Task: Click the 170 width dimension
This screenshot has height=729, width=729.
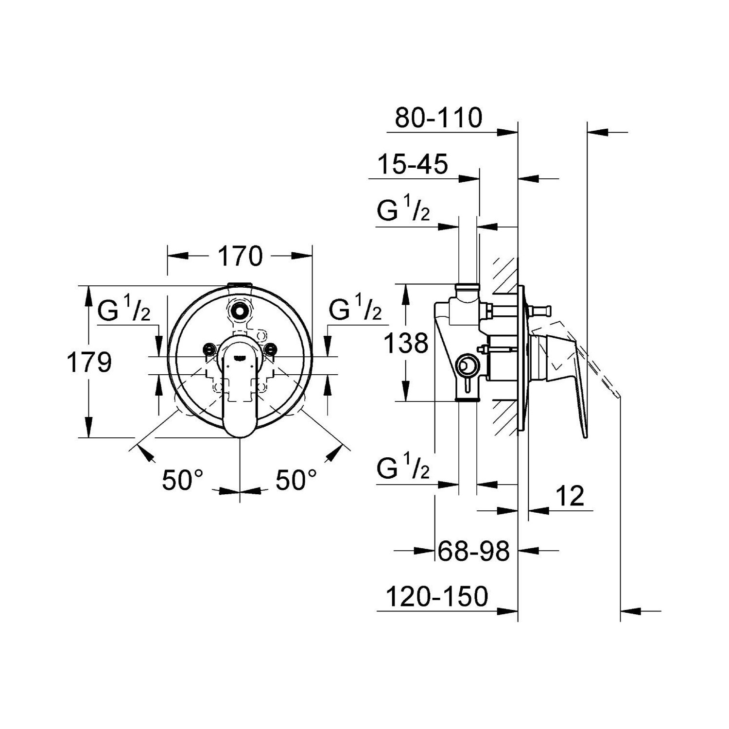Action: pos(240,256)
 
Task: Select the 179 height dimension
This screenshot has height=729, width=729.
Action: pos(89,362)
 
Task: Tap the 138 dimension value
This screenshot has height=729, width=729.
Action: pos(406,343)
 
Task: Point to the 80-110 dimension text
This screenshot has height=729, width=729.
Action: pos(438,118)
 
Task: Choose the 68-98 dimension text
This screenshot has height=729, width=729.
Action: pos(473,551)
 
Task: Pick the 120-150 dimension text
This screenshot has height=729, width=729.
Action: pos(436,596)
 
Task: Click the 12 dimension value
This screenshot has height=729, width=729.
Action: pos(569,496)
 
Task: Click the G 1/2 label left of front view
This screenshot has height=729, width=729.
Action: pos(124,310)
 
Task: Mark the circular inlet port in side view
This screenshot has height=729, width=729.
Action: pos(467,365)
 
